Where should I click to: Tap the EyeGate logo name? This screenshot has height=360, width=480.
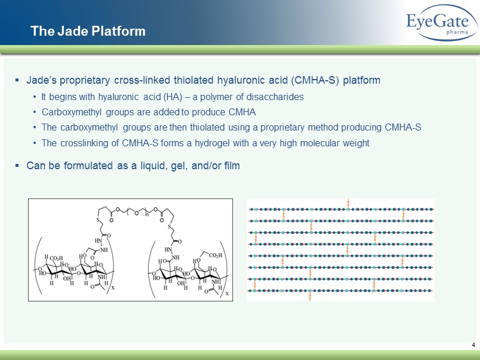pos(437,22)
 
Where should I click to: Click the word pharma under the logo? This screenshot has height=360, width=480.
pos(457,32)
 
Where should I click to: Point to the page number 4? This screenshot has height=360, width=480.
pos(474,345)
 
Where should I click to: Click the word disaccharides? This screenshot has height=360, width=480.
pos(275,97)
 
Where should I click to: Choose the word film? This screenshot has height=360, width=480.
pos(232,166)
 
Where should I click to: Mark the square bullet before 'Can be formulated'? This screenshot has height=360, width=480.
pos(17,166)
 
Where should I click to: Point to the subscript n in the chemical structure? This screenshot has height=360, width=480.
pos(147,215)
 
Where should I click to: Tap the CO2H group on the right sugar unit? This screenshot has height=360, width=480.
pos(215,256)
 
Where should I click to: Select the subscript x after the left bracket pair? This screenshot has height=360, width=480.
pos(112,288)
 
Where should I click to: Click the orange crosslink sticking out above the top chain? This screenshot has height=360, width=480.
pos(348,203)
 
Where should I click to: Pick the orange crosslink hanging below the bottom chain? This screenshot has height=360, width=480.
pos(310,297)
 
